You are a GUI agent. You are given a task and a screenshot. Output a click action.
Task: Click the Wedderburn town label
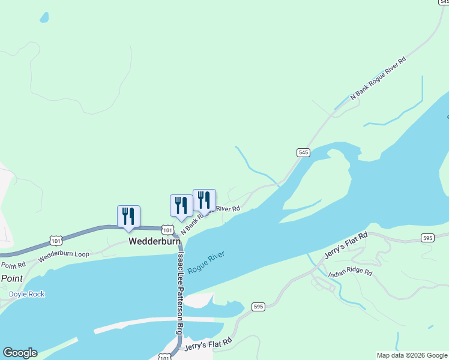tap(154, 241)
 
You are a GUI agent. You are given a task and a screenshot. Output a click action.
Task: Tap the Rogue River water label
tap(206, 263)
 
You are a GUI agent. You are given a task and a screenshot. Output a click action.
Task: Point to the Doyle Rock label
tap(27, 294)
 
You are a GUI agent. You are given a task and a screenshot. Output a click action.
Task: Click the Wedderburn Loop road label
tap(64, 254)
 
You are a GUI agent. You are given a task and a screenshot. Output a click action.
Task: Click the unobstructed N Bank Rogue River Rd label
tap(378, 77)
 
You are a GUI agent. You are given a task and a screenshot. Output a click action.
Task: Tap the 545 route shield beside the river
tap(303, 153)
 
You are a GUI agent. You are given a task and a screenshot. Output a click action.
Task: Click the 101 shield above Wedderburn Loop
tap(56, 241)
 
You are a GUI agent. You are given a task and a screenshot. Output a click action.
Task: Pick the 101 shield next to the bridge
tap(168, 230)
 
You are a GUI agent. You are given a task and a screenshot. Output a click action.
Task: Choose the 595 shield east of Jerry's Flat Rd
tap(427, 238)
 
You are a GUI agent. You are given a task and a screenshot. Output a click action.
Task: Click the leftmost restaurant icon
tap(128, 216)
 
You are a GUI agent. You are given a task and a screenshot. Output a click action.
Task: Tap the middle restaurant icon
tap(181, 205)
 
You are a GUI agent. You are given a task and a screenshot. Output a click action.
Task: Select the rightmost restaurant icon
tap(204, 200)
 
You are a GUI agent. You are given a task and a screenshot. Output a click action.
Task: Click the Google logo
tap(20, 353)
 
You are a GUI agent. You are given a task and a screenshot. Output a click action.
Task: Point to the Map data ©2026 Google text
tap(412, 355)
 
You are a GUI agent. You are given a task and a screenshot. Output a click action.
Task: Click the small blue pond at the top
tap(44, 17)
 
